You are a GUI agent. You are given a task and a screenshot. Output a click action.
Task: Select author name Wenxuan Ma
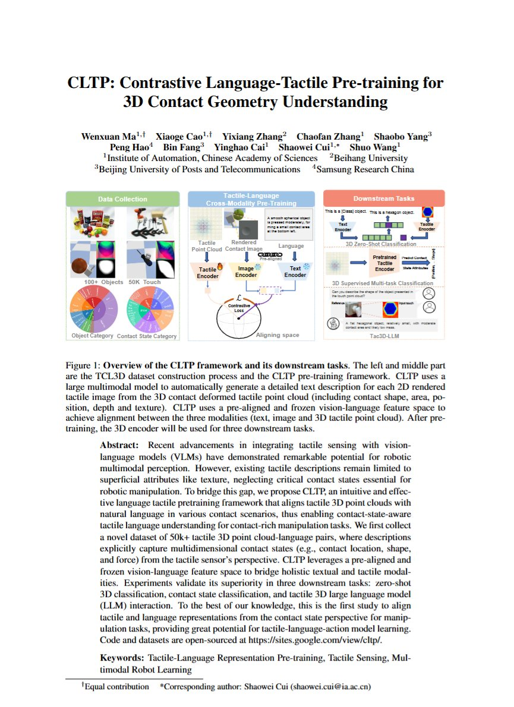pyautogui.click(x=106, y=136)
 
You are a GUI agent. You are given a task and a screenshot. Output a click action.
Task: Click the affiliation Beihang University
pyautogui.click(x=371, y=158)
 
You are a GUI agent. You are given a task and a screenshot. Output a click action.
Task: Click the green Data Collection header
pyautogui.click(x=122, y=199)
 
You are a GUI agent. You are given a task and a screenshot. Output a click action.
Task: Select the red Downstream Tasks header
pyautogui.click(x=384, y=198)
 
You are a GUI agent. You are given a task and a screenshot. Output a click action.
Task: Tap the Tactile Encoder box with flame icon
pyautogui.click(x=207, y=272)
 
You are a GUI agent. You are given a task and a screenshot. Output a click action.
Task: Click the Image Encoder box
pyautogui.click(x=246, y=272)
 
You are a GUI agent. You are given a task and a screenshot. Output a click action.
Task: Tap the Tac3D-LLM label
pyautogui.click(x=384, y=335)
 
